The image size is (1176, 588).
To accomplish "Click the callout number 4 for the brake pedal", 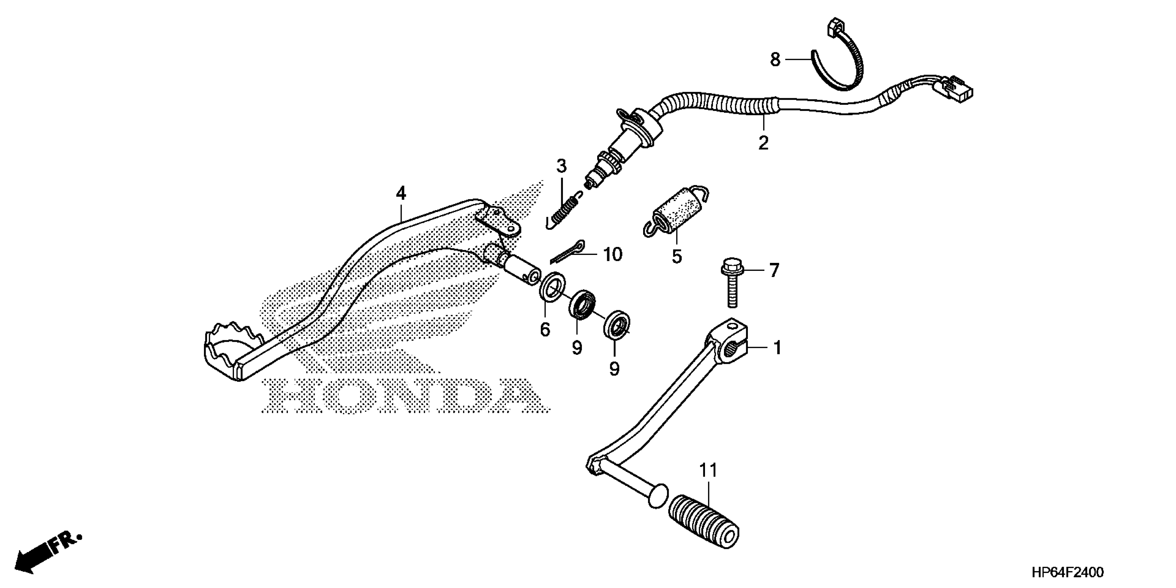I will pos(401,194).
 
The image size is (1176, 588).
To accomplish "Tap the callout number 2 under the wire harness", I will pos(763,143).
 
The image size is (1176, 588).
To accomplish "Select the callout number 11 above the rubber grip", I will pos(708,471).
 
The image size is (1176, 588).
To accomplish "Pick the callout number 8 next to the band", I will pos(775,60).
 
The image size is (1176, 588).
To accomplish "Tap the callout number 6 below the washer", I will pos(545,329).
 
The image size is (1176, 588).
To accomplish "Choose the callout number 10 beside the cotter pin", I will pos(612,255).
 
